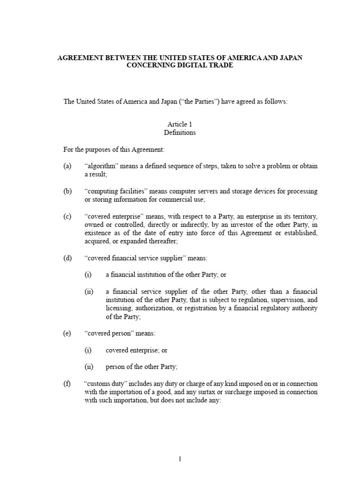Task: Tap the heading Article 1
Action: (180, 124)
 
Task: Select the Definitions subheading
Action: (180, 133)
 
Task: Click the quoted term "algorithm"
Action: (100, 166)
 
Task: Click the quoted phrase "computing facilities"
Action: (112, 192)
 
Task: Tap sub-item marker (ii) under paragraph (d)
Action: (89, 292)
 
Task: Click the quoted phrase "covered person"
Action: (107, 334)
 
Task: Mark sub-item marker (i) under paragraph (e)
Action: (88, 351)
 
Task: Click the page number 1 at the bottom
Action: (180, 459)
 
